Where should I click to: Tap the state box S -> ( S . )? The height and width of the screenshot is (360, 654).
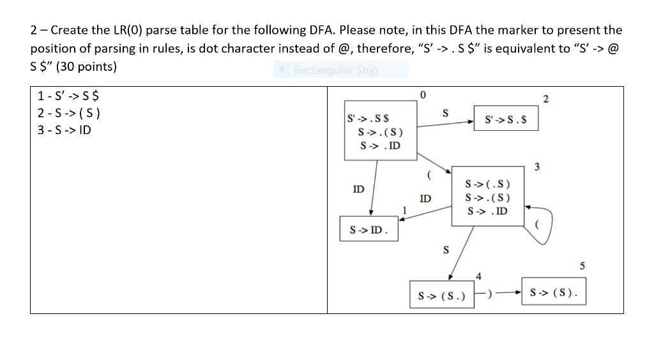[x=441, y=296]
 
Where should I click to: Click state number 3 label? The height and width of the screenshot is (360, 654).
[x=536, y=167]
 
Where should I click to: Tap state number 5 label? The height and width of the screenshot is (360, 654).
[x=582, y=266]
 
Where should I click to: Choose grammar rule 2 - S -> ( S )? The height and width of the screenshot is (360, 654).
[x=69, y=114]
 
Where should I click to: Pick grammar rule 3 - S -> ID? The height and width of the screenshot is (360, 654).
[x=64, y=130]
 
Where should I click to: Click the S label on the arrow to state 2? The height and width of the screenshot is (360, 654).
[x=446, y=113]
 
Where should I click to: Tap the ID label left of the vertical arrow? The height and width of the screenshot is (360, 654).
[x=359, y=189]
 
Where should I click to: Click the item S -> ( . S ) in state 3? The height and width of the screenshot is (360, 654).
[x=488, y=186]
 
